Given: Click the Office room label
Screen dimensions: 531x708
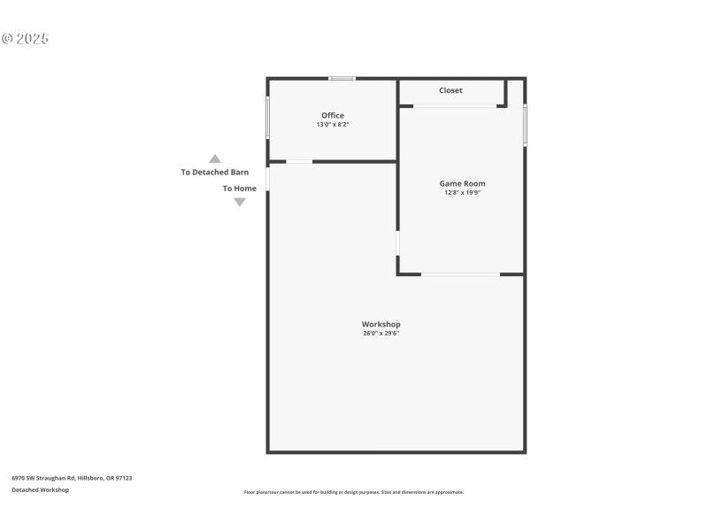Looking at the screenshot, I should coord(333,115).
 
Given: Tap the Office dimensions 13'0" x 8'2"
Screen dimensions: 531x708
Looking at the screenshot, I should coord(333,125).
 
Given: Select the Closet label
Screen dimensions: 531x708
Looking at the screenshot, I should coord(450,90).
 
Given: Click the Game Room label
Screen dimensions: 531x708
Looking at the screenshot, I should coord(463,183).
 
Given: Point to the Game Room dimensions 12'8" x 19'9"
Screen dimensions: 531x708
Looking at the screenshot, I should coord(463,193).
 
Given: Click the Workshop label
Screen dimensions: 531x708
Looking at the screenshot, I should coord(381,324).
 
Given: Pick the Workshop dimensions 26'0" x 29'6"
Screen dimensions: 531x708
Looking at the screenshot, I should coord(381,334).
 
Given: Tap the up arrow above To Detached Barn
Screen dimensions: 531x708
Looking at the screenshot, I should coord(214,158).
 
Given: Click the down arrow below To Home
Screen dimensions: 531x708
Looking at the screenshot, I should coord(239,202).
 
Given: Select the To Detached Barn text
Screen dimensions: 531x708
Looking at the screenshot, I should coord(214,172).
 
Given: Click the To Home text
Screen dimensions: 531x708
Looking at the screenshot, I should coord(239,189).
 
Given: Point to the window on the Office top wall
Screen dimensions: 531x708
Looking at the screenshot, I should coord(342,79).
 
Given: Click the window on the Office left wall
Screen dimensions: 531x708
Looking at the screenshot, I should coord(267,117).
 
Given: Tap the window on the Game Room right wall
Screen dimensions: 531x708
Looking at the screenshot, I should coord(525,126).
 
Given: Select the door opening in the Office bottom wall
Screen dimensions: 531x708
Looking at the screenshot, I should coord(299,161).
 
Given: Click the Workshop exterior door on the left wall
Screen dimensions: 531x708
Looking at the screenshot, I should coord(267,178).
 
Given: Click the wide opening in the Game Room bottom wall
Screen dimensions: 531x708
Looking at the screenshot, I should coord(460,274).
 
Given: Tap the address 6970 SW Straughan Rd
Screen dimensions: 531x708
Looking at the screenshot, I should coord(72,478).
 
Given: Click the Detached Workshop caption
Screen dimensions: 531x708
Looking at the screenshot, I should coord(40,489).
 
